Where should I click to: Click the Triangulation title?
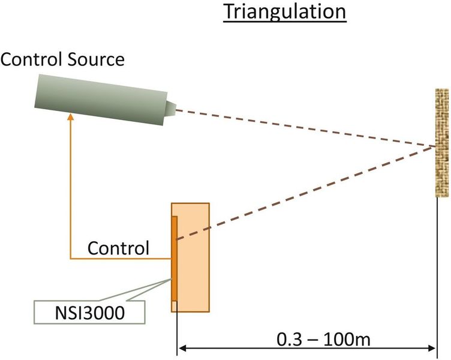pyautogui.click(x=285, y=12)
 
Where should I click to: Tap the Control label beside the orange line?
pyautogui.click(x=118, y=247)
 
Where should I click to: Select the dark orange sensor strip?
pyautogui.click(x=175, y=258)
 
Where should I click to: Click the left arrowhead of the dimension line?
pyautogui.click(x=182, y=347)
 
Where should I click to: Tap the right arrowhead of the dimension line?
pyautogui.click(x=431, y=347)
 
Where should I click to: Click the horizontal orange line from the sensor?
pyautogui.click(x=120, y=259)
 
